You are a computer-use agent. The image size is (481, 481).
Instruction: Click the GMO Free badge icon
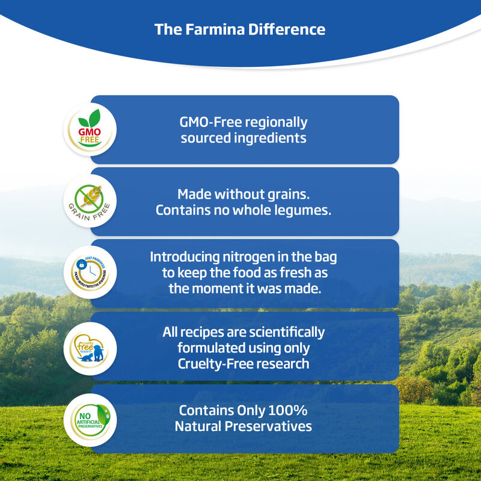[90, 129]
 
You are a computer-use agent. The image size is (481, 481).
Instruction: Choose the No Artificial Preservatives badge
[90, 420]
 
